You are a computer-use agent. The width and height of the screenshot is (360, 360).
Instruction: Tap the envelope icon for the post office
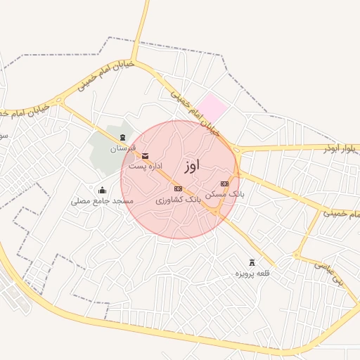pyautogui.click(x=146, y=155)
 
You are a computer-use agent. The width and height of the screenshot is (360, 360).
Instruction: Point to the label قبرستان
pyautogui.click(x=123, y=148)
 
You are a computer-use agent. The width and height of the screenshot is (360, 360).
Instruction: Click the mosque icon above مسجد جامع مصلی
pyautogui.click(x=102, y=190)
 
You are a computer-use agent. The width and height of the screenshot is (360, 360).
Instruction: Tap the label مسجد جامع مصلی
pyautogui.click(x=102, y=201)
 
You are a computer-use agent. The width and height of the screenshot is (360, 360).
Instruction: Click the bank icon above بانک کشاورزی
pyautogui.click(x=178, y=188)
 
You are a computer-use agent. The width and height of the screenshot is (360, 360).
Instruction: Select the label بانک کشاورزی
pyautogui.click(x=178, y=200)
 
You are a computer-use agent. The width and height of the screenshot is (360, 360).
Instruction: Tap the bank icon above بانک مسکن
pyautogui.click(x=224, y=184)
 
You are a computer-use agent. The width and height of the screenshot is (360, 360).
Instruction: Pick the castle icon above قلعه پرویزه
pyautogui.click(x=252, y=262)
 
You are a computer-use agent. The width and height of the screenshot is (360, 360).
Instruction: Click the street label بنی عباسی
pyautogui.click(x=330, y=274)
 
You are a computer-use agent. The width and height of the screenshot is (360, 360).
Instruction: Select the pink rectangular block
pyautogui.click(x=212, y=108)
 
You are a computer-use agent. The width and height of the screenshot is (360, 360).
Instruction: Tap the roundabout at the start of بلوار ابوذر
pyautogui.click(x=237, y=149)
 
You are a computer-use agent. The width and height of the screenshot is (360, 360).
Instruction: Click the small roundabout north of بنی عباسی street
pyautogui.click(x=297, y=255)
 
